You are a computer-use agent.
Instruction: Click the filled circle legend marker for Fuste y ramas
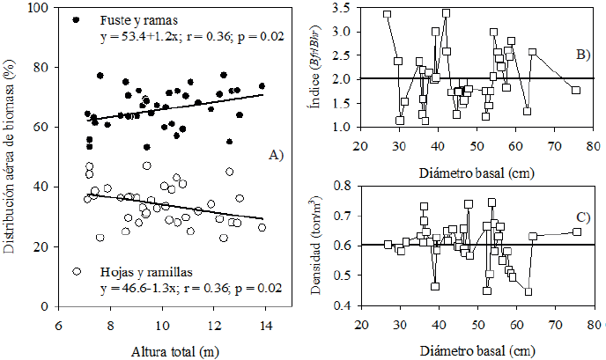[76, 19]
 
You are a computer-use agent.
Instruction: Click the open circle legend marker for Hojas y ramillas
[77, 271]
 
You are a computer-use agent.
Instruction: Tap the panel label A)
[277, 155]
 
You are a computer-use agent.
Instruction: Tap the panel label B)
[582, 55]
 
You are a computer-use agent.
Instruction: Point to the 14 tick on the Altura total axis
[265, 327]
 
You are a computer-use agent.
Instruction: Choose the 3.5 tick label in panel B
[346, 8]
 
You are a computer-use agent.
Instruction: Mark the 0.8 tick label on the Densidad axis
[346, 187]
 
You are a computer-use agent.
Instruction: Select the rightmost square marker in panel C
[577, 231]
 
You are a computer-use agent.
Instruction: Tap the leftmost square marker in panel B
[388, 14]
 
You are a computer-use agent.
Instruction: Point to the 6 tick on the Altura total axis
[58, 327]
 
